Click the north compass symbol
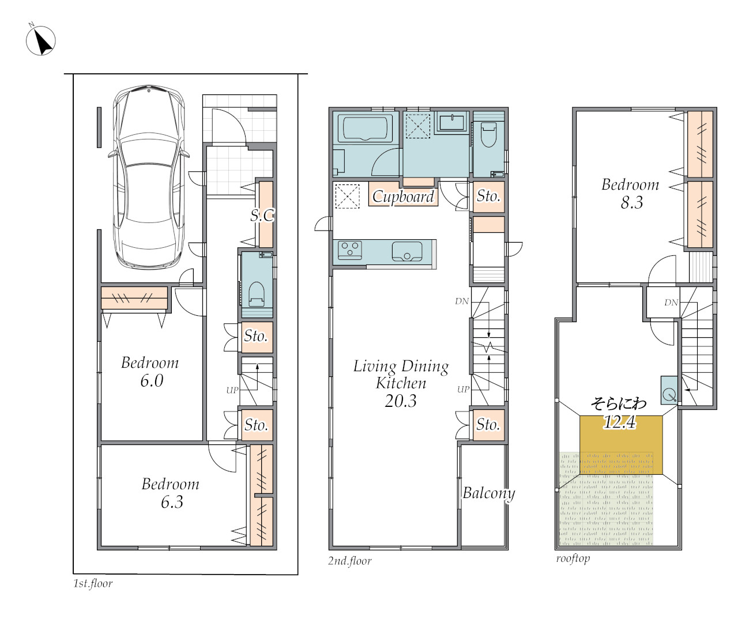click(x=40, y=40)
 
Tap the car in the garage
click(x=149, y=178)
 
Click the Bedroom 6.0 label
click(x=150, y=371)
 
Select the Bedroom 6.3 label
click(x=171, y=492)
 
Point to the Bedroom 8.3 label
click(x=630, y=193)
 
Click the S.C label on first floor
click(x=262, y=215)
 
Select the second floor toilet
click(x=489, y=134)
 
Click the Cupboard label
click(x=403, y=197)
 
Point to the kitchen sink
click(x=407, y=251)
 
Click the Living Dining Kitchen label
click(x=401, y=383)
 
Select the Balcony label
click(x=489, y=493)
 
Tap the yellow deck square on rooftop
click(x=621, y=445)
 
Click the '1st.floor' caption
click(x=93, y=583)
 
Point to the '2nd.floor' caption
click(x=349, y=561)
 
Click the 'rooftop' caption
click(x=573, y=558)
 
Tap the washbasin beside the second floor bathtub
click(x=451, y=122)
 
